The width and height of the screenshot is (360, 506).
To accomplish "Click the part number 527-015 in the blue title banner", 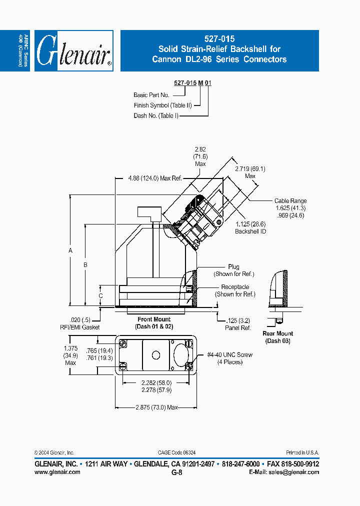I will coord(219,38).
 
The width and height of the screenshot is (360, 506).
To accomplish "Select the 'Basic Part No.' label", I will coord(151,94).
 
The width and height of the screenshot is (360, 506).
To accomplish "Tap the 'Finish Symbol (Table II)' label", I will coord(162,105).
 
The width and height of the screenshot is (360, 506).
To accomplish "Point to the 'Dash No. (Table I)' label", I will coord(156,115).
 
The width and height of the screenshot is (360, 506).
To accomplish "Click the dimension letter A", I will coord(70,250).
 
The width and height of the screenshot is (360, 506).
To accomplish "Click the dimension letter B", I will coord(85,264).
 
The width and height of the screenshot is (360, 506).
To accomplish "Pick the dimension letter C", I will coord(100,295).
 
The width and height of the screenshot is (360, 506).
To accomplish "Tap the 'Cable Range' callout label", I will coord(290,200).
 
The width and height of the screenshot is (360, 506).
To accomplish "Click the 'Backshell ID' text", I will coord(250,231).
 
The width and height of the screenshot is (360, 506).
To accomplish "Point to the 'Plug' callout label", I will coord(233,267).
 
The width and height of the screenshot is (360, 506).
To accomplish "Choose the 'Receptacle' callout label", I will coord(235,287).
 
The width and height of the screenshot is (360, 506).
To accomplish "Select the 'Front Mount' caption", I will coord(154,319).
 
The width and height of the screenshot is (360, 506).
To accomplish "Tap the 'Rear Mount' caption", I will coord(278,333).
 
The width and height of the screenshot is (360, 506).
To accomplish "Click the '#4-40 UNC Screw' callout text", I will coord(230,354).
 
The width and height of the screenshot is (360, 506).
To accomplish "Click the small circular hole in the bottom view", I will coord(155,355).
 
